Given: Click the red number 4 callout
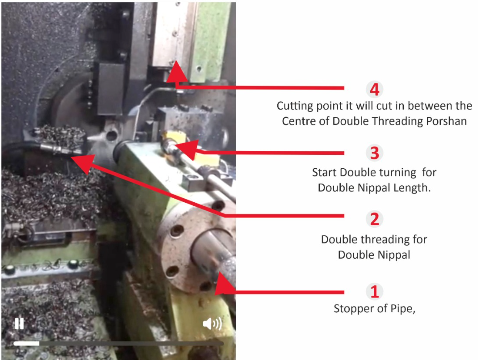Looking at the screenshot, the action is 375,89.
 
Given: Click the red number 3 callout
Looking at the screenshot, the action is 375,153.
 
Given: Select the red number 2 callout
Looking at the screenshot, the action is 375,219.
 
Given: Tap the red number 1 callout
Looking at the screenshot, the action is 375,291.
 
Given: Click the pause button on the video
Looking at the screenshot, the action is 19,323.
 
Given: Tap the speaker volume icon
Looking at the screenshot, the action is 212,323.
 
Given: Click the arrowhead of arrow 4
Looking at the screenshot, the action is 175,71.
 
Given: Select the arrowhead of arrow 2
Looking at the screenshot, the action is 83,163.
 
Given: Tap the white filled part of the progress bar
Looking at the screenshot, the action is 26,343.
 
